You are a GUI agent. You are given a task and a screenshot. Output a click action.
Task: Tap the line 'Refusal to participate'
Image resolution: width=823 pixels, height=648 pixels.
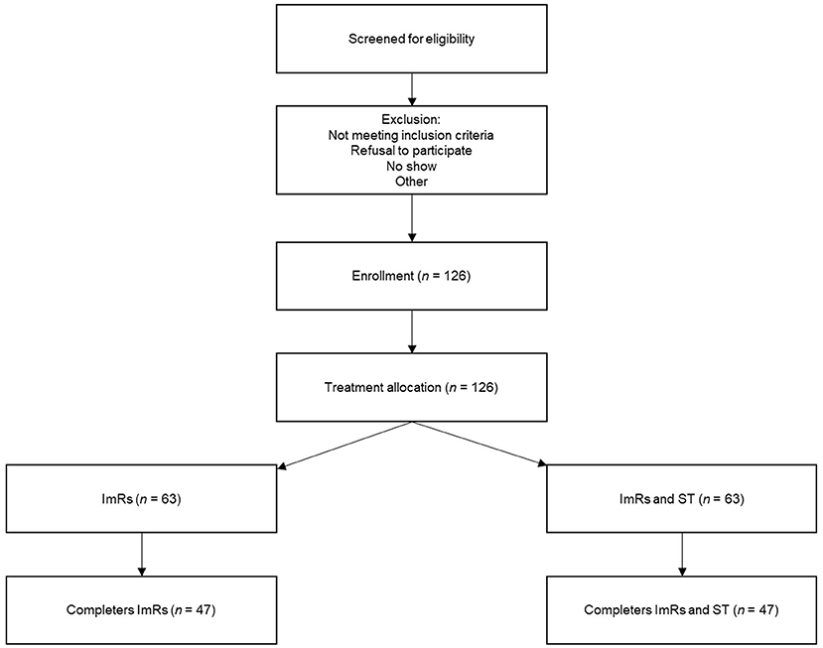(x=411, y=151)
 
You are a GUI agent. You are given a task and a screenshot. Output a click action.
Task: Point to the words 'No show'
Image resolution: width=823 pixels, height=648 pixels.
(x=411, y=167)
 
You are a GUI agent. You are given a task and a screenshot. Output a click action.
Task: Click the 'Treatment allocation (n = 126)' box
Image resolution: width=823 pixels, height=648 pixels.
(x=411, y=385)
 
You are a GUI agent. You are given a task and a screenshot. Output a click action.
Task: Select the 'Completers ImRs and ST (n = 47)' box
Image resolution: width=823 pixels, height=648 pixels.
(x=680, y=608)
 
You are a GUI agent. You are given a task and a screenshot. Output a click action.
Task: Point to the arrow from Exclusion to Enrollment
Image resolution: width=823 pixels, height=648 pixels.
(x=411, y=220)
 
